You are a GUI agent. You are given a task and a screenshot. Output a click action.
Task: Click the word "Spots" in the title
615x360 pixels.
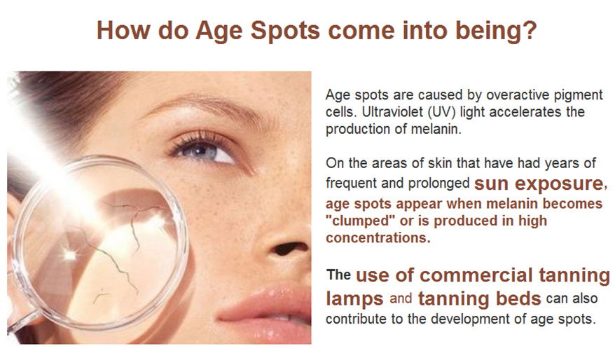[286, 31]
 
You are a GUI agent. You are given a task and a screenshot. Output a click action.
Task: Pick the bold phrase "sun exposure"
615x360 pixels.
[539, 183]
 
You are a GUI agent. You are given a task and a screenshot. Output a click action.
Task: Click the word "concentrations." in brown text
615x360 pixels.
[378, 237]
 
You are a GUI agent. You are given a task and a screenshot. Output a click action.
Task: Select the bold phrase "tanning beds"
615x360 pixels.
[479, 298]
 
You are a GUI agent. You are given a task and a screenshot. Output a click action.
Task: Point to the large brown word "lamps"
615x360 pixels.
[354, 299]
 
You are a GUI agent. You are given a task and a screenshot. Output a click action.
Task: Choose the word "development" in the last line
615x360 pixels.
[474, 319]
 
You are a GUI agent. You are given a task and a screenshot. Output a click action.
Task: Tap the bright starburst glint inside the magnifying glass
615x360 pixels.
[70, 255]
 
